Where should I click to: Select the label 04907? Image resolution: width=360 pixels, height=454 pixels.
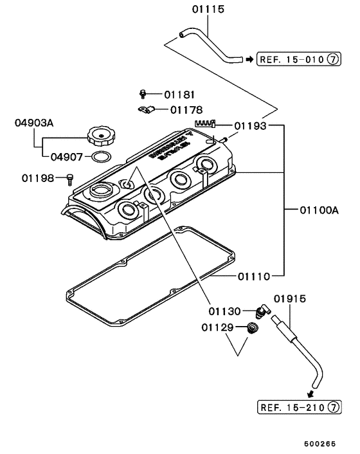pyautogui.click(x=67, y=156)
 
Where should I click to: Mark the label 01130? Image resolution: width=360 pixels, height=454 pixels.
pyautogui.click(x=224, y=311)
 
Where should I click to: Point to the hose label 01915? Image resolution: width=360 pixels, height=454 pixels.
pyautogui.click(x=289, y=298)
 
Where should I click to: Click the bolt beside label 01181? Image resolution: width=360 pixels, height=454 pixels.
pyautogui.click(x=145, y=95)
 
